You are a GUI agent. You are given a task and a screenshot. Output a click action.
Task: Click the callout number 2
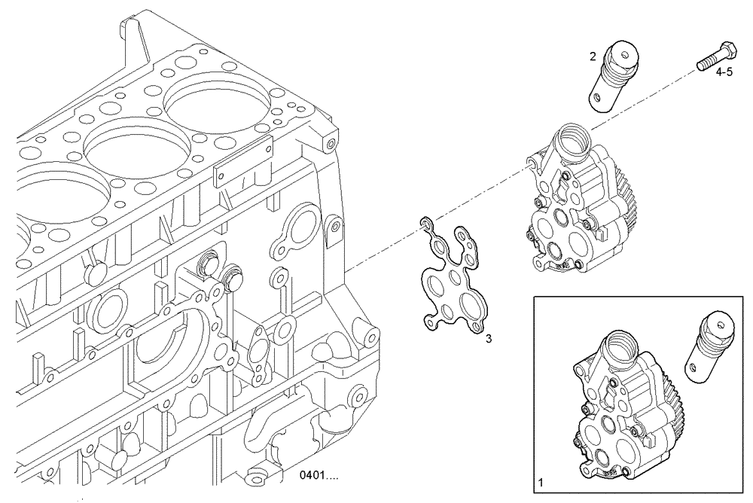point(593,56)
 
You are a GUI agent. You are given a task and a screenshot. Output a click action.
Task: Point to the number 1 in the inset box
point(541,480)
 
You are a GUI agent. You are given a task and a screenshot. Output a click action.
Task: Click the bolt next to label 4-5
point(715,56)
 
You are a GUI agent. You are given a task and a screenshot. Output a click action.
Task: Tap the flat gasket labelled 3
point(451,279)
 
